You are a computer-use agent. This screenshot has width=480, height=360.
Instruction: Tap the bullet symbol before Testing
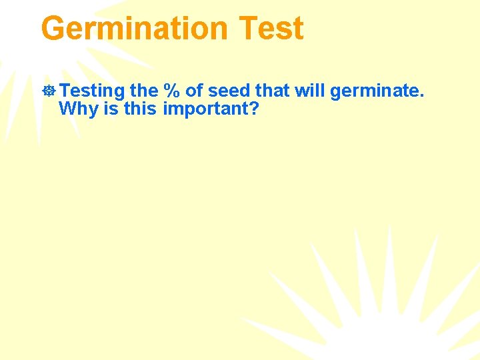coord(49,91)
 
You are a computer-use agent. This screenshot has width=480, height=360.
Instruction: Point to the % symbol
coord(174,91)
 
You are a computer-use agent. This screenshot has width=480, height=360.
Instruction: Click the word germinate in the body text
coord(375,91)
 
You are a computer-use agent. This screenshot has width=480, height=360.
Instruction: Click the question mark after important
coord(253,109)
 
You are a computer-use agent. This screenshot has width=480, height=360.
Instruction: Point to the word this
coord(140,109)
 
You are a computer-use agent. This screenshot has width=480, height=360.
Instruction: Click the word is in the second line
coord(111,109)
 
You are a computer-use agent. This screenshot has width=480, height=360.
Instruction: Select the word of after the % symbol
coord(196,91)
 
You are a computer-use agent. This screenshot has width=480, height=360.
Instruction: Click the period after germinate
coord(421,96)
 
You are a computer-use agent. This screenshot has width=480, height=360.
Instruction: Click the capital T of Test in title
coord(248,29)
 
